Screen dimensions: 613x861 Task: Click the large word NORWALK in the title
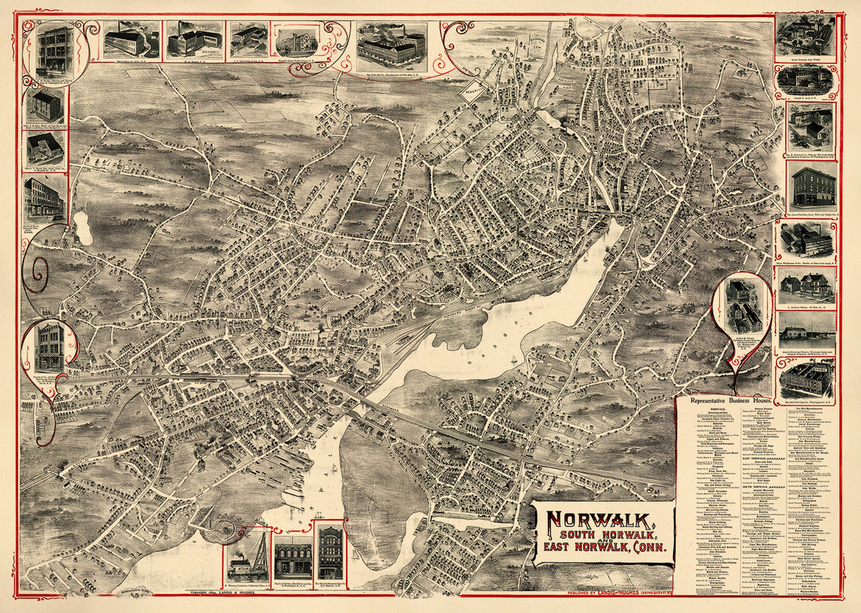pyautogui.click(x=601, y=520)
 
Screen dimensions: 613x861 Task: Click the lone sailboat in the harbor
pyautogui.click(x=511, y=361)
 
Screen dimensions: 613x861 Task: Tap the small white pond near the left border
pyautogui.click(x=82, y=228)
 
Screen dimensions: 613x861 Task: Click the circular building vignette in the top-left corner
pyautogui.click(x=54, y=51)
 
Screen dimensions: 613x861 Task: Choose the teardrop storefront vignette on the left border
pyautogui.click(x=49, y=348)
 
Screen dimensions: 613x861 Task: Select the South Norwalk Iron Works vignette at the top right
pyautogui.click(x=805, y=37)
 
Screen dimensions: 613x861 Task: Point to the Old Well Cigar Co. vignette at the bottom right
pyautogui.click(x=806, y=379)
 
